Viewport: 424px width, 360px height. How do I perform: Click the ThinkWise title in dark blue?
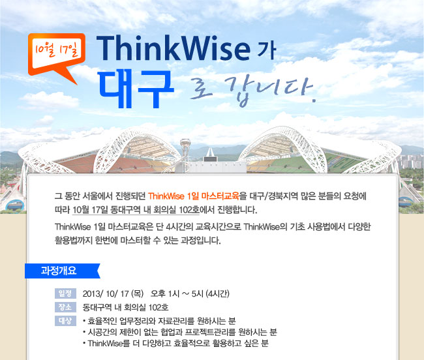tap(174, 48)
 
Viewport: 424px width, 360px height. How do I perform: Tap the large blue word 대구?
tap(136, 89)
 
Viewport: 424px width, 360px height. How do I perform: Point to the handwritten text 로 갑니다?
tap(252, 91)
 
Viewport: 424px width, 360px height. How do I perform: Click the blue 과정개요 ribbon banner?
tap(63, 271)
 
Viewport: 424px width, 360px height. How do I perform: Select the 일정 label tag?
tap(65, 293)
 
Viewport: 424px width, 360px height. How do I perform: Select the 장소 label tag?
tap(65, 307)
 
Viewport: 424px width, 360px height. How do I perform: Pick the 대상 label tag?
tap(65, 321)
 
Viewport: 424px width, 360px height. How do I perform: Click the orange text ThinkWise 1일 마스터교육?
tap(194, 196)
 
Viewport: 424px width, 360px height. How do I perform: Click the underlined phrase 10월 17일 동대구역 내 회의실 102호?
tap(136, 210)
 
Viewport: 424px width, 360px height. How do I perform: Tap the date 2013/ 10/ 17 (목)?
tap(113, 293)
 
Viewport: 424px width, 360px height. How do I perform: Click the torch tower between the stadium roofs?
tap(185, 155)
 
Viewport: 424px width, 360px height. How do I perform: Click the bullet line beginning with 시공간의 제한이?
tap(180, 332)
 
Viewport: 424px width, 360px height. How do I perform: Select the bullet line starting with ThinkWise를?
tap(175, 343)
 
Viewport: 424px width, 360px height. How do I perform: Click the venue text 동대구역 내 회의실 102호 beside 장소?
tap(126, 307)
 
